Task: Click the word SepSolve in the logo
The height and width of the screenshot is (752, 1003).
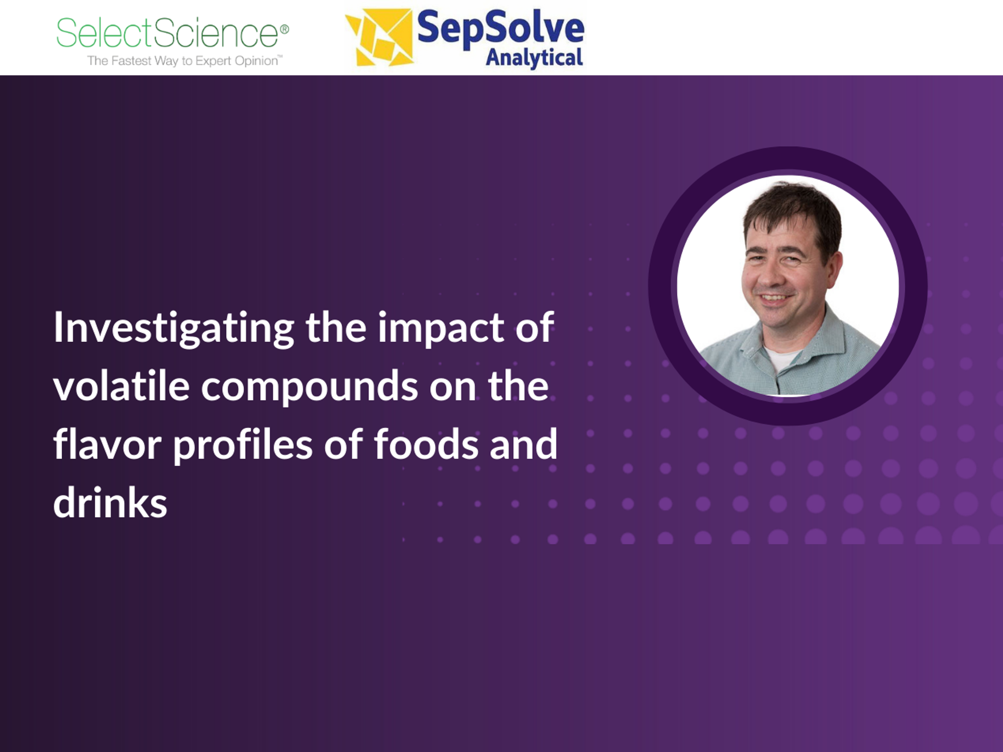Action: pyautogui.click(x=501, y=28)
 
